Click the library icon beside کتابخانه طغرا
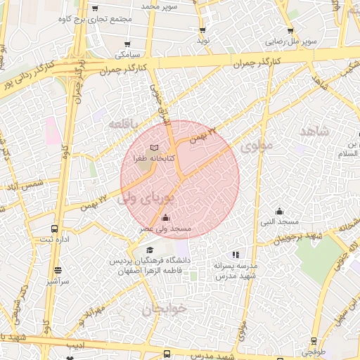coord(154,147)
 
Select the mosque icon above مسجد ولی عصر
coord(165,218)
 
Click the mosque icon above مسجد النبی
coord(279,211)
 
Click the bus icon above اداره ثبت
coord(55,229)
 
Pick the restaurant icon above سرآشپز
coord(57,270)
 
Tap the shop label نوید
coord(204,41)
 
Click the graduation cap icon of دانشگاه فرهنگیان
coord(149,250)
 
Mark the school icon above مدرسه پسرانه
coord(235,254)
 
